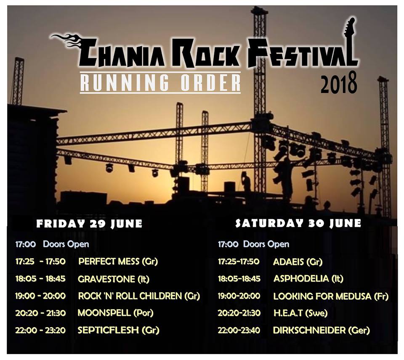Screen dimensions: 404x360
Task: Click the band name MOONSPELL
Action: (104, 313)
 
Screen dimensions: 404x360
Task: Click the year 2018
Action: (338, 83)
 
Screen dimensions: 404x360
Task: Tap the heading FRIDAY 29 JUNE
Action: (89, 223)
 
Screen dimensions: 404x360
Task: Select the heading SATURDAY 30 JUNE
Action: (298, 223)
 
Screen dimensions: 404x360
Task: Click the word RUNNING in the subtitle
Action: (125, 82)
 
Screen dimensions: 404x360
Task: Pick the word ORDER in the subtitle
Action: (210, 82)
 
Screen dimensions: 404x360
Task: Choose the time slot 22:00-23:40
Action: (239, 330)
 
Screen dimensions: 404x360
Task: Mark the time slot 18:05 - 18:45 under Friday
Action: (40, 279)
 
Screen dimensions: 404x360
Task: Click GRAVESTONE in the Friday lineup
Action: (106, 279)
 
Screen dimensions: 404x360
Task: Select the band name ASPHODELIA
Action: (301, 278)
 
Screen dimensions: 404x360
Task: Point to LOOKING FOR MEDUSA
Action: (322, 296)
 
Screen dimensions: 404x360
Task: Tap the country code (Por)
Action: (144, 313)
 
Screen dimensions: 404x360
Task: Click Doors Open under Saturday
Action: (266, 244)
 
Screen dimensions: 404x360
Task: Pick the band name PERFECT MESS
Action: (109, 261)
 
